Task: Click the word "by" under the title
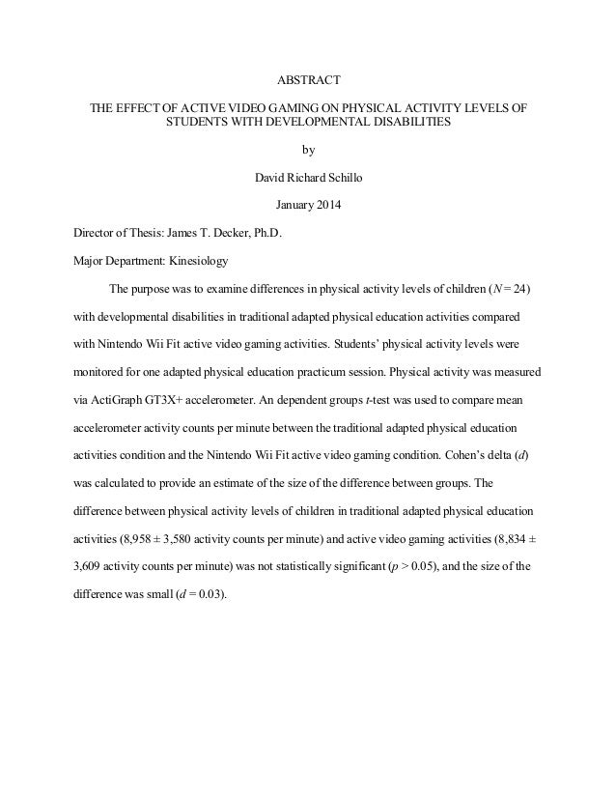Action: pyautogui.click(x=308, y=150)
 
